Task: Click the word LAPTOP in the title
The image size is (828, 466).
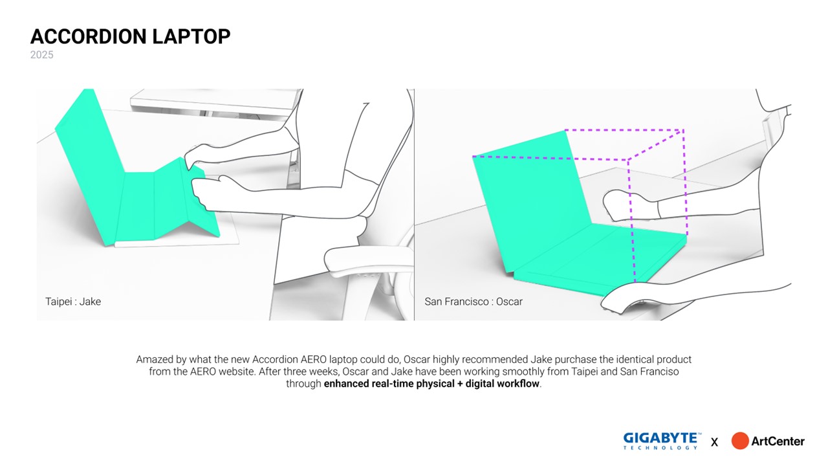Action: point(191,37)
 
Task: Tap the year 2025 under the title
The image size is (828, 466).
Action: point(42,55)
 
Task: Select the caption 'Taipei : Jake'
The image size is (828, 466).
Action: point(73,302)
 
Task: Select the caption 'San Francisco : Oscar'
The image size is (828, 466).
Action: point(474,302)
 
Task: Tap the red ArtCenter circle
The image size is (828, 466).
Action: point(740,441)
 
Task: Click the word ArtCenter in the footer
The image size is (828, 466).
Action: point(778,441)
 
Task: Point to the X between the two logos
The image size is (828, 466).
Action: point(714,442)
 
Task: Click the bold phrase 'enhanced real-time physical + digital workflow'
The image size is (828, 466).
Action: point(431,384)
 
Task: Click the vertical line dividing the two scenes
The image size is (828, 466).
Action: point(415,205)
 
